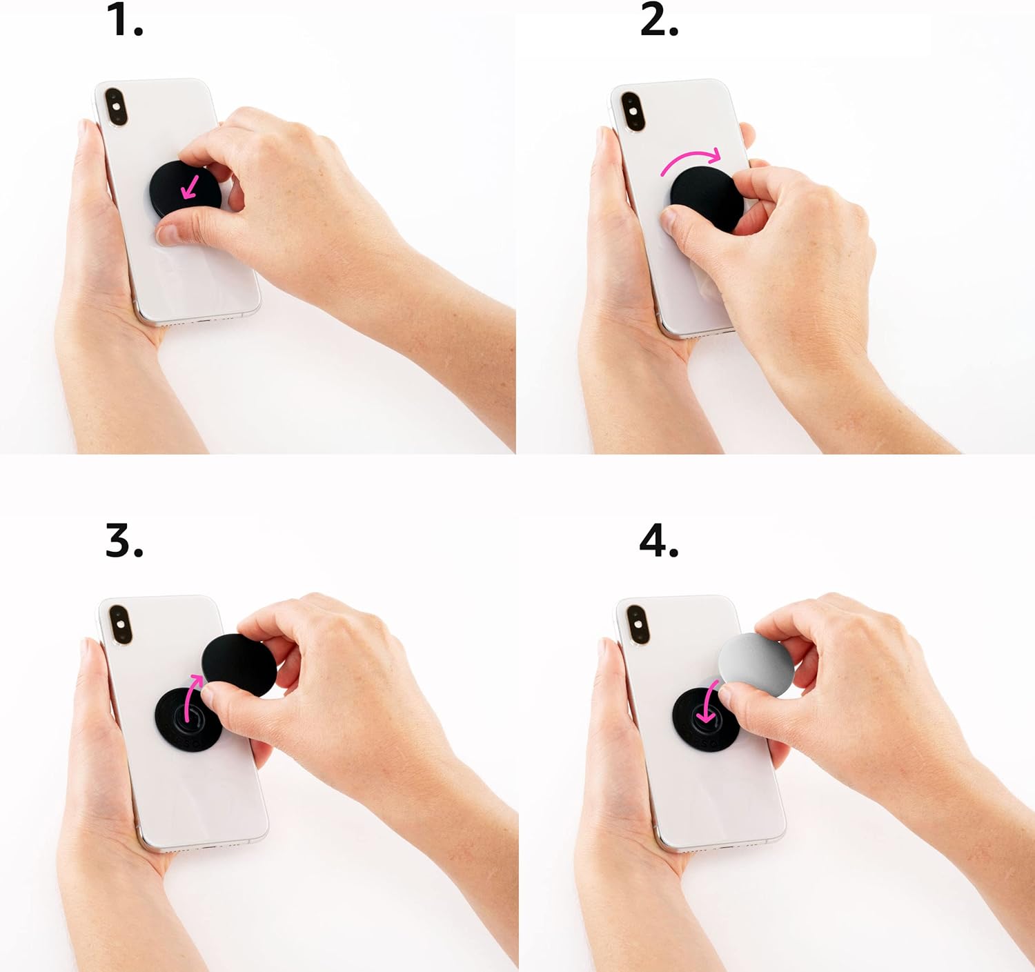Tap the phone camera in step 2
[630, 110]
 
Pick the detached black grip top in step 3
[238, 662]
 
